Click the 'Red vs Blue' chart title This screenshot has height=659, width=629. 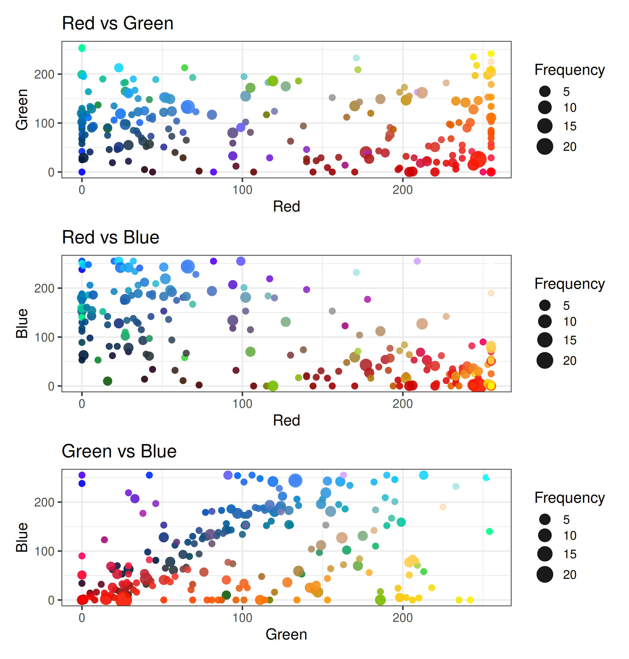point(110,237)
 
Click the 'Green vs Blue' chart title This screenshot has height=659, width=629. point(119,451)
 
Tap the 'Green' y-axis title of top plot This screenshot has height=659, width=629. point(22,109)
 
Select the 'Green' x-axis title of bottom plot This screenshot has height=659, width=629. point(286,635)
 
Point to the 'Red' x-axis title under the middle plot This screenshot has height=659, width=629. point(286,420)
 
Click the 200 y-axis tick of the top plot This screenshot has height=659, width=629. point(44,74)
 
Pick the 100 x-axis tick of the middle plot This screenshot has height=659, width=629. point(242,404)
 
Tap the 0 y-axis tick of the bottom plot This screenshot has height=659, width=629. point(51,600)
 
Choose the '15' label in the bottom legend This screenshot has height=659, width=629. point(570,554)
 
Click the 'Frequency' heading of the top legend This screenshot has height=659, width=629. point(569,70)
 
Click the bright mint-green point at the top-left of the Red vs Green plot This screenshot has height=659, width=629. point(82,48)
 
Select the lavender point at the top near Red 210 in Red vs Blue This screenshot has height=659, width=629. point(417,261)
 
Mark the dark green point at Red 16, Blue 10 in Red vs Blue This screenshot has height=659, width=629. point(107,381)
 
